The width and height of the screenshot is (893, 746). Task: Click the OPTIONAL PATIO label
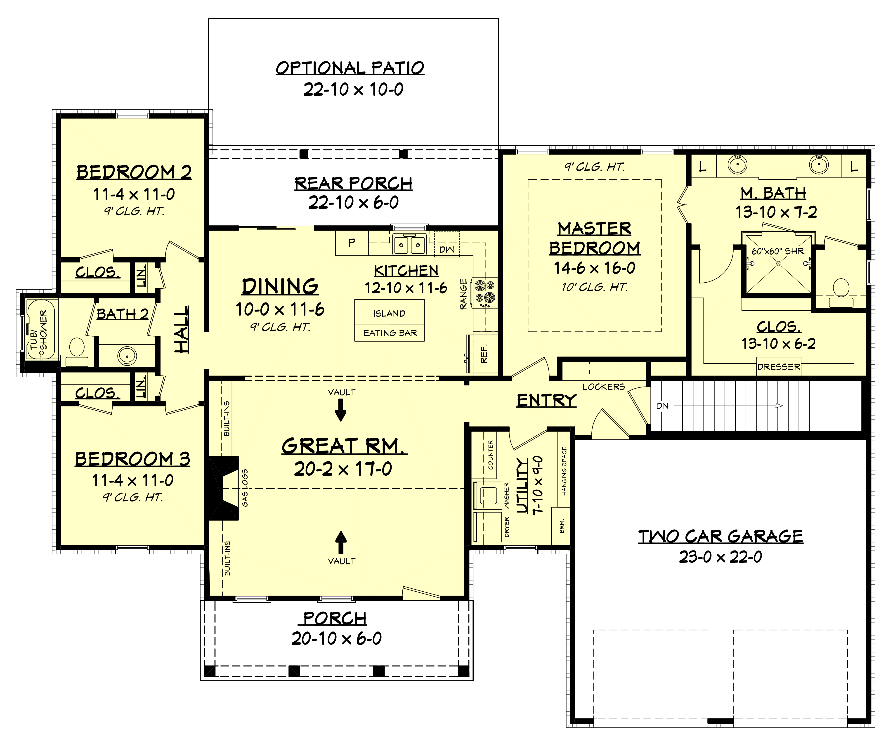click(x=350, y=68)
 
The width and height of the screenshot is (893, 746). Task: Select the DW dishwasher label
click(x=446, y=250)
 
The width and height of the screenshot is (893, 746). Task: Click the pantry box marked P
click(x=352, y=243)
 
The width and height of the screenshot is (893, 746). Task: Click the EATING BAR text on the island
click(x=390, y=333)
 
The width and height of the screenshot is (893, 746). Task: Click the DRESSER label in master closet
click(x=779, y=367)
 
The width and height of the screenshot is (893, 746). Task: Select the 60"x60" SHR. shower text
click(x=778, y=251)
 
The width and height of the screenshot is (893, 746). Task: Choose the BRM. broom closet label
click(x=562, y=526)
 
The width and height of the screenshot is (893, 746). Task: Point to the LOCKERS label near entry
click(x=603, y=387)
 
